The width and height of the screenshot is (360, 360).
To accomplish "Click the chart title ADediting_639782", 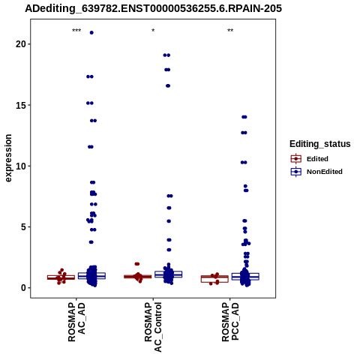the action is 153,8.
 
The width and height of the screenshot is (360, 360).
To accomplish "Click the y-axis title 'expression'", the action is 8,158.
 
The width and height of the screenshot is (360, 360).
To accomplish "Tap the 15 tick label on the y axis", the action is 21,105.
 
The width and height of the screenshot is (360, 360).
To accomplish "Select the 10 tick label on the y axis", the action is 21,166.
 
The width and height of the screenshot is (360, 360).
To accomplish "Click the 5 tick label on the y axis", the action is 23,227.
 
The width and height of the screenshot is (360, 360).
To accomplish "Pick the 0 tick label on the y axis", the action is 23,288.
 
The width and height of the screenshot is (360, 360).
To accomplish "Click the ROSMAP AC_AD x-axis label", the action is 76,322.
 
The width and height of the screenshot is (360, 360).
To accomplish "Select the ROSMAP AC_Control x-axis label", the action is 153,327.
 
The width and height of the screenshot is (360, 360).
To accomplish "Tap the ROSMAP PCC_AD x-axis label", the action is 230,322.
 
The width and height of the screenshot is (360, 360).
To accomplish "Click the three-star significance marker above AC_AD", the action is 76,31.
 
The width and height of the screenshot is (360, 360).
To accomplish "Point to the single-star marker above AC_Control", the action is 153,31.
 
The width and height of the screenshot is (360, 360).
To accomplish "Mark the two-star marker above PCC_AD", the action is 230,31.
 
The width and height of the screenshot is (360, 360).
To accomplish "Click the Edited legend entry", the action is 310,159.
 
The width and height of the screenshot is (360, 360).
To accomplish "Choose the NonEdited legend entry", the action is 316,172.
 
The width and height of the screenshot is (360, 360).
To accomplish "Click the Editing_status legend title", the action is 320,144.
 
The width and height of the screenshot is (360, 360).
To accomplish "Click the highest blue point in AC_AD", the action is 91,32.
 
